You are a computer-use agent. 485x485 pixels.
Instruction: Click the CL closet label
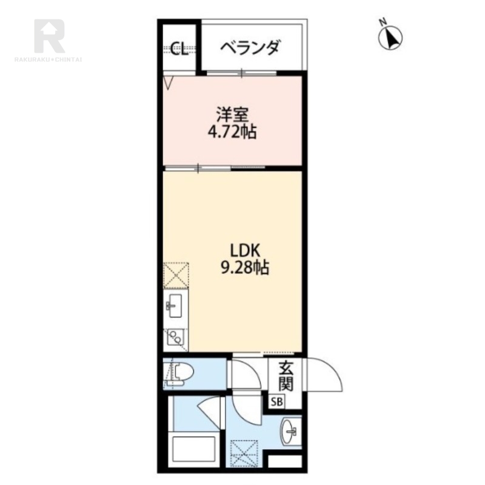click(179, 49)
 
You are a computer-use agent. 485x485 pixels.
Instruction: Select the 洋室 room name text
click(232, 115)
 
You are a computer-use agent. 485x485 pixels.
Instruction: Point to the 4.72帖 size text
click(232, 132)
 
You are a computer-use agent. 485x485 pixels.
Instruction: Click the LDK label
click(244, 250)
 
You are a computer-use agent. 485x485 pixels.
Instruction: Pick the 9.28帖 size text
click(244, 267)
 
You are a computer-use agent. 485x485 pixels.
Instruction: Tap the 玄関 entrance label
click(286, 375)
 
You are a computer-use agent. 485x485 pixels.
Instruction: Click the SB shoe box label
click(277, 402)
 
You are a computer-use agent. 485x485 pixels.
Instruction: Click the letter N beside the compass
click(383, 22)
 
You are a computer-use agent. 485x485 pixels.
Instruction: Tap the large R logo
click(49, 36)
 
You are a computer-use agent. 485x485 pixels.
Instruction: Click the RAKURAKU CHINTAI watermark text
click(48, 59)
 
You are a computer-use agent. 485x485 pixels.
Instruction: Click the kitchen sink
click(175, 306)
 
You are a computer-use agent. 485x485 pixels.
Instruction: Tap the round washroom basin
click(290, 430)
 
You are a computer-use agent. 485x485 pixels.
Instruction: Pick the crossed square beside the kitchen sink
click(176, 275)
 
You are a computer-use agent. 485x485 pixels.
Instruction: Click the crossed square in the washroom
click(244, 453)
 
